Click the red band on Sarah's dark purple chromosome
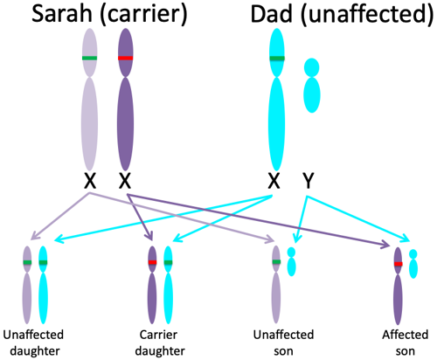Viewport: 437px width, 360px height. pos(126,58)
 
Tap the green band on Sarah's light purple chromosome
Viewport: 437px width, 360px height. pos(89,58)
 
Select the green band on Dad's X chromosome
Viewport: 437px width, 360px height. pos(277,59)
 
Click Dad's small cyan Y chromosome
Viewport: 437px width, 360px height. pos(312,86)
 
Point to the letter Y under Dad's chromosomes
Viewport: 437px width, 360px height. pos(309,181)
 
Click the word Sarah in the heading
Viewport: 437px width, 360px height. pos(62,14)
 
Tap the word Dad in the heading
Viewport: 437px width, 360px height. pos(272,14)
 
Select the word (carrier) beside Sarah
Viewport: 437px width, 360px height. pos(143,15)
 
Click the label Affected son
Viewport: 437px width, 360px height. pos(406,343)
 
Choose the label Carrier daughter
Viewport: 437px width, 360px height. pos(159,343)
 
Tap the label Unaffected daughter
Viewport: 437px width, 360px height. pos(33,343)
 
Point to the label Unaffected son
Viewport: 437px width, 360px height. pos(283,343)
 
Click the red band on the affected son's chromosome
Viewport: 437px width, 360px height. pos(399,264)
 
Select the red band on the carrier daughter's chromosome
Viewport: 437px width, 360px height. pos(152,262)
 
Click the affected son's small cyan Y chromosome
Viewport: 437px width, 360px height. pos(413,264)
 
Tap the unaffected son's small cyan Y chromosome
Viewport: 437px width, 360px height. pos(291,261)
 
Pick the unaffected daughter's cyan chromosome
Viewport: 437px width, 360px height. pos(43,285)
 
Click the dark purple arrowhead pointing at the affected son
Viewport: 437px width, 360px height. pos(386,246)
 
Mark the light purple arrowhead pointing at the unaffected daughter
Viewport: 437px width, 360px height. pos(34,235)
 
